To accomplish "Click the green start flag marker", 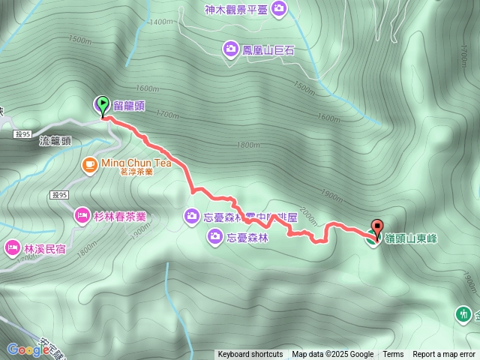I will click(x=101, y=105).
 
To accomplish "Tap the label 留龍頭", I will click(x=129, y=106).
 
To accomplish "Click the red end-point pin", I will click(x=376, y=227).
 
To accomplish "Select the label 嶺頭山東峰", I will click(x=411, y=238).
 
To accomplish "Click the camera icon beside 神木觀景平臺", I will click(x=280, y=9).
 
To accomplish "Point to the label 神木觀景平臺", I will click(x=235, y=9).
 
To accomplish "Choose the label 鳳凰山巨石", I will click(x=268, y=50).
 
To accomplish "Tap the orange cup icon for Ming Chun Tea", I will click(x=89, y=163).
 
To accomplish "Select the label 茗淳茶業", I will click(x=136, y=172).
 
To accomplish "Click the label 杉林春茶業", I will click(x=120, y=216).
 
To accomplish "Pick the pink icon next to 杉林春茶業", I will click(x=81, y=216).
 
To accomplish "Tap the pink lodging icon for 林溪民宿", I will click(x=13, y=247).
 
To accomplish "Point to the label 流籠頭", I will click(x=55, y=140).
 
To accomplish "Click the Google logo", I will click(x=28, y=349).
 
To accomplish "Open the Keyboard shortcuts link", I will click(x=250, y=355).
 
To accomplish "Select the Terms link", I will click(x=393, y=355).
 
